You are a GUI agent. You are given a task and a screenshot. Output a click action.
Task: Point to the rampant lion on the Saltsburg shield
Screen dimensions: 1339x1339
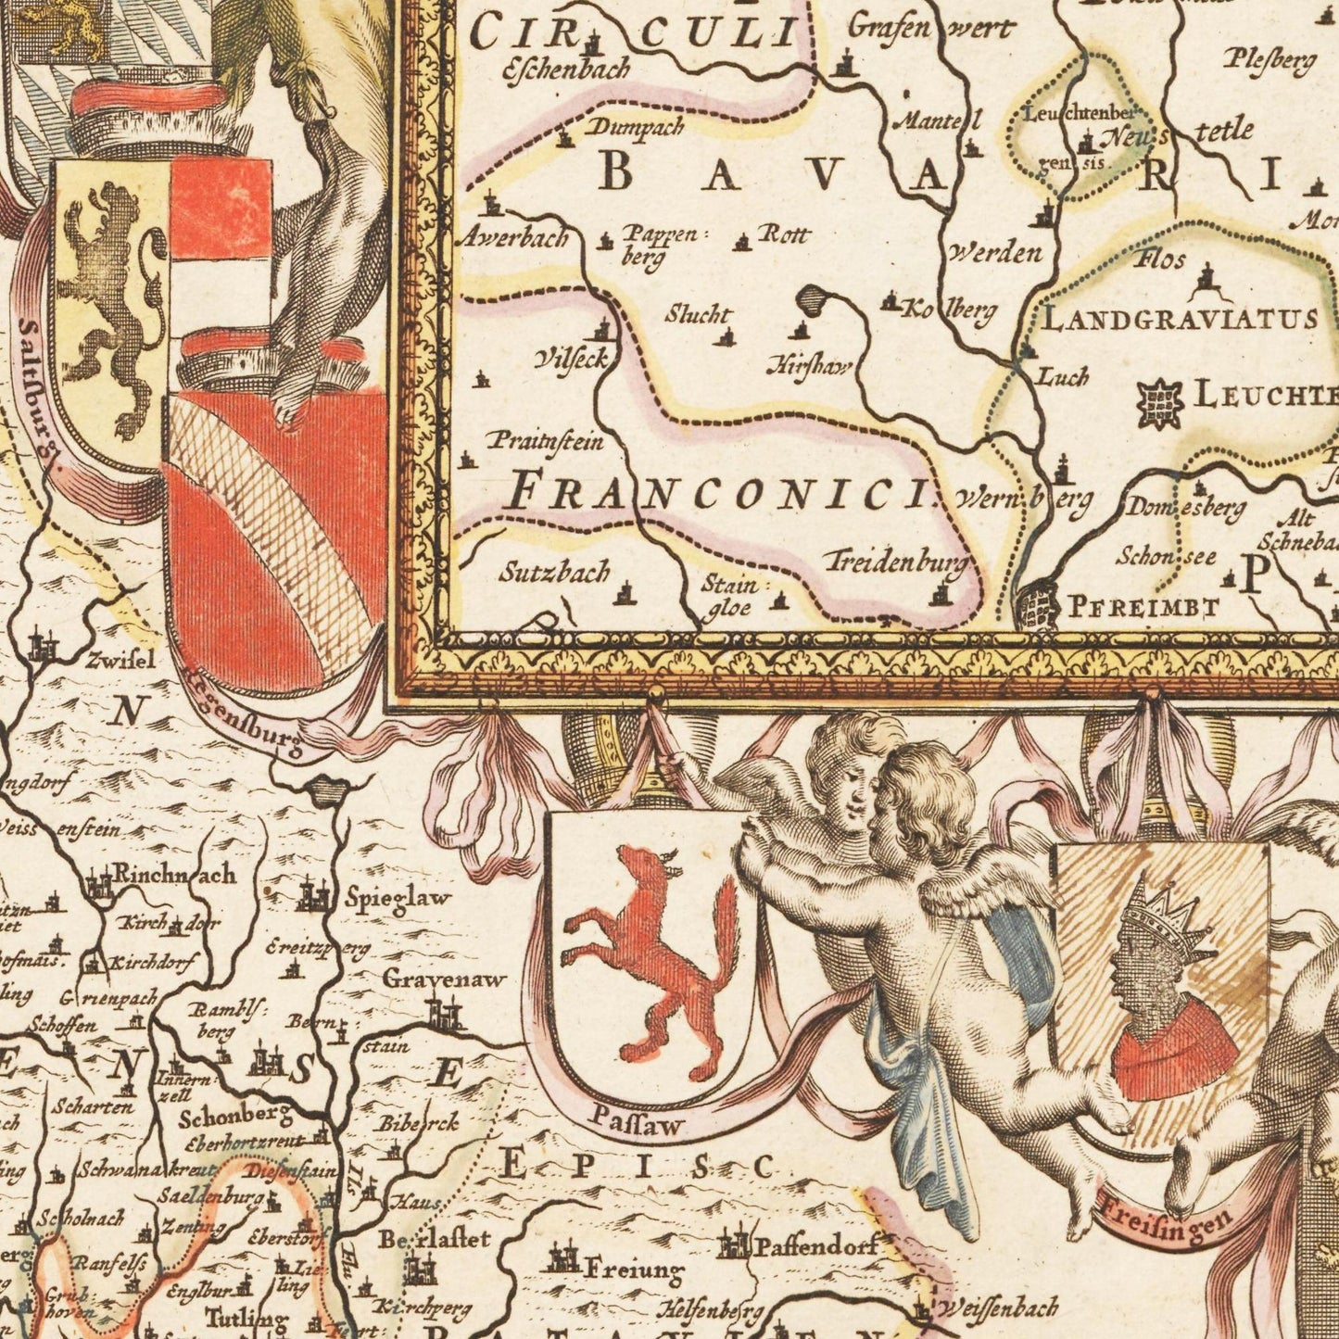coord(111,306)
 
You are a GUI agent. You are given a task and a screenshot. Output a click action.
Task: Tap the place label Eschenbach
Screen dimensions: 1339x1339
coord(565,69)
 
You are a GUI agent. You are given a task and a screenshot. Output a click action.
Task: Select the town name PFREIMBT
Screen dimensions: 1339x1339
coord(1143,608)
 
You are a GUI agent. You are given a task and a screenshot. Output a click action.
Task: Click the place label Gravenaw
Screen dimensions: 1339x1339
coord(445,979)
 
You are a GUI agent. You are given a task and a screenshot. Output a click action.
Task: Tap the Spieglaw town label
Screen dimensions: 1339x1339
coord(398,897)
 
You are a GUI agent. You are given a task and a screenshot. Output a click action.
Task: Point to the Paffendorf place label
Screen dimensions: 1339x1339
coord(816,1246)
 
